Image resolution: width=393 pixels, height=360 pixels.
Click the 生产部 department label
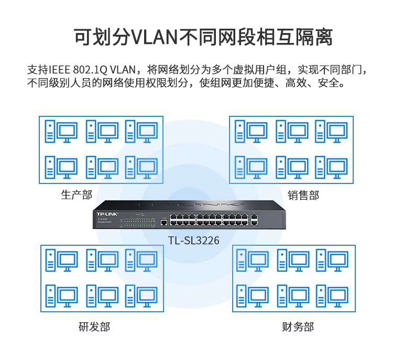click(77, 195)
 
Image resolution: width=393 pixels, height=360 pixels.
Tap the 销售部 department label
click(303, 195)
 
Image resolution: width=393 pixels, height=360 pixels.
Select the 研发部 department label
click(94, 328)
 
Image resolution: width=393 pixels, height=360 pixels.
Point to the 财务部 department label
click(298, 328)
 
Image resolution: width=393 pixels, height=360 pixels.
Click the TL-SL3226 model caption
click(194, 241)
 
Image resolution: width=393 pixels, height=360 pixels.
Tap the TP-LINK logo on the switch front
click(107, 213)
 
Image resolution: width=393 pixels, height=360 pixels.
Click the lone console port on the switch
click(163, 222)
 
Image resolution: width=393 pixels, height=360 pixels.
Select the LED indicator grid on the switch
click(138, 222)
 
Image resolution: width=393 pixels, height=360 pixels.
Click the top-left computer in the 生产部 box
click(61, 132)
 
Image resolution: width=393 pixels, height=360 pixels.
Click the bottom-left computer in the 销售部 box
click(250, 168)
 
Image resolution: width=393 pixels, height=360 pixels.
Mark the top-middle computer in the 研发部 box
click(102, 261)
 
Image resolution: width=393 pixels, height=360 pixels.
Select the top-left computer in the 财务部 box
click(252, 261)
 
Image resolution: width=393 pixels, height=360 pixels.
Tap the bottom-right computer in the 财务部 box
click(332, 296)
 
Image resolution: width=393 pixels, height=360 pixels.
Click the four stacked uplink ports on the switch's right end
click(254, 220)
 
